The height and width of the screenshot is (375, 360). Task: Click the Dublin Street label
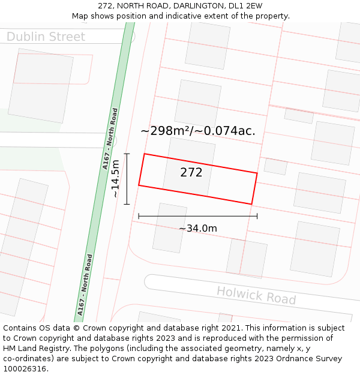point(46,37)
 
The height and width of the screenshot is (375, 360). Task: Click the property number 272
point(191,173)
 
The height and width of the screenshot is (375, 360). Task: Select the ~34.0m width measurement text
point(198,228)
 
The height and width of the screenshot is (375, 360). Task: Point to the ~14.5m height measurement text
point(116,179)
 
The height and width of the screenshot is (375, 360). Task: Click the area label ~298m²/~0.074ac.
point(198,130)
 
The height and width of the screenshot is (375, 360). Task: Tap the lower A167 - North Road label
point(85,285)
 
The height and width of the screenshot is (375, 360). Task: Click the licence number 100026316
point(26,368)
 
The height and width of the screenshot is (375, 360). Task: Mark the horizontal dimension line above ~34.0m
point(198,216)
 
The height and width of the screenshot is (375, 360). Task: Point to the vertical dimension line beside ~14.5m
point(127,179)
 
